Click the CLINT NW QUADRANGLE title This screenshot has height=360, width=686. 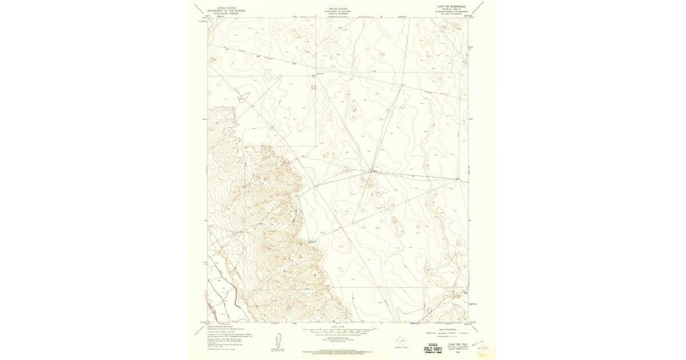coord(452,6)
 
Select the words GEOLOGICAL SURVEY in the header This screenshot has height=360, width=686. coord(226,13)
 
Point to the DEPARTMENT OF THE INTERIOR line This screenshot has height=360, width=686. coord(226,11)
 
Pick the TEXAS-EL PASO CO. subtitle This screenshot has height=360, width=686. coord(452,9)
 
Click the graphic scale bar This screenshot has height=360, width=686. coord(338,331)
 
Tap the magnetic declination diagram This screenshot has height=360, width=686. coord(279,342)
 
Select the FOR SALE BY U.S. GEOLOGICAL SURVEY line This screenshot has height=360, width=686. coord(338,352)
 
